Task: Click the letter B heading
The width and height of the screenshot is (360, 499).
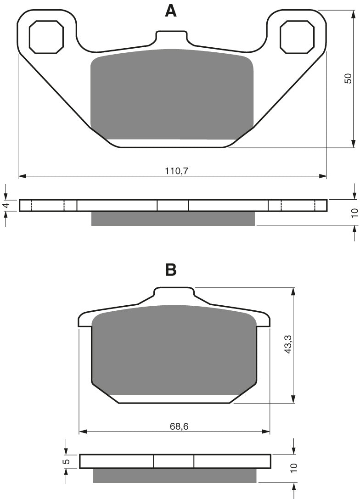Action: pyautogui.click(x=171, y=270)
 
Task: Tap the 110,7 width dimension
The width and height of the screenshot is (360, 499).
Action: pyautogui.click(x=177, y=171)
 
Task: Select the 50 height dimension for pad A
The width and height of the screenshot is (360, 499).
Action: pyautogui.click(x=348, y=78)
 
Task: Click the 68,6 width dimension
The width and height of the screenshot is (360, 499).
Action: pyautogui.click(x=179, y=426)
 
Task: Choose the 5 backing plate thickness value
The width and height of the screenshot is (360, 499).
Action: pyautogui.click(x=66, y=461)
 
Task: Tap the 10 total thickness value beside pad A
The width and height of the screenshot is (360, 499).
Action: pyautogui.click(x=355, y=213)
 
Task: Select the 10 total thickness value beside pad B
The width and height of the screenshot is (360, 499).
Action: pyautogui.click(x=293, y=467)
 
